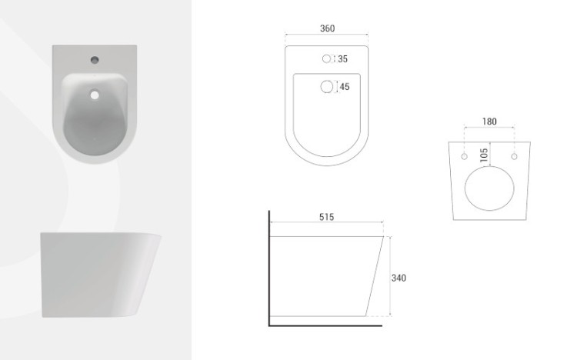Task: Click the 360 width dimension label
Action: (x=327, y=28)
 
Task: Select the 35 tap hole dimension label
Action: (x=342, y=59)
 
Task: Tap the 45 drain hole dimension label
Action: (x=345, y=87)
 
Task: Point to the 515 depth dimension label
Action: (x=326, y=217)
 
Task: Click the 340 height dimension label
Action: (x=399, y=278)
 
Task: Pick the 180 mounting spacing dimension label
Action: (x=489, y=122)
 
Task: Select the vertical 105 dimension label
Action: (x=484, y=155)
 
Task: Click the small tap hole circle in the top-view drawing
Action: (x=326, y=59)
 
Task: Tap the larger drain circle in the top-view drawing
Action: (x=327, y=87)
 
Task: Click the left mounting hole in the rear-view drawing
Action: (x=465, y=157)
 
